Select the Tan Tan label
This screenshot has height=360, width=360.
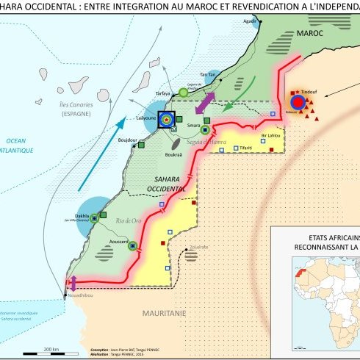(209, 75)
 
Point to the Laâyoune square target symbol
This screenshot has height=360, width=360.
(167, 118)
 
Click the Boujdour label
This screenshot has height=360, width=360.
(128, 139)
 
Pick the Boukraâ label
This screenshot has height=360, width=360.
(174, 154)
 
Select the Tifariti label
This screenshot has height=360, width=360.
(242, 148)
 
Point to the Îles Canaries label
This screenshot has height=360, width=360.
(75, 105)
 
